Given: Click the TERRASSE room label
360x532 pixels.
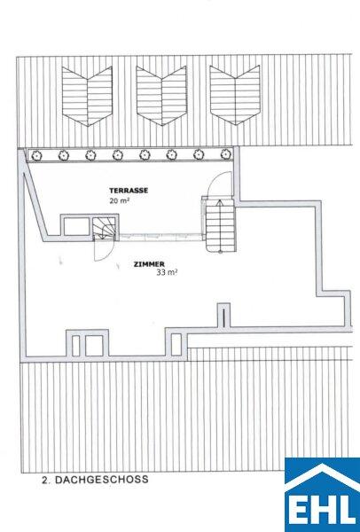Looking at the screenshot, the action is [129, 191].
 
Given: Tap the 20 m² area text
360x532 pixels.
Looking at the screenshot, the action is [119, 200].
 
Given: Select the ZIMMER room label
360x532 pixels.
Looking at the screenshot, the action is [149, 264].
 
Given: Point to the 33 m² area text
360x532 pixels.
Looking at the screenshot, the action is [167, 272].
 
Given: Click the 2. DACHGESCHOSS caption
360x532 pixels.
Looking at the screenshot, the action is [95, 480].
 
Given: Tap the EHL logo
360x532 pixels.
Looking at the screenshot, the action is [323, 495].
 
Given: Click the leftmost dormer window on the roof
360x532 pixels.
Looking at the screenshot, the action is [87, 96].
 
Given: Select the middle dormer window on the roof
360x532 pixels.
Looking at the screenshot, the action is [161, 96].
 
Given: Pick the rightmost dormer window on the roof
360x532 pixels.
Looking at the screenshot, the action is [235, 95].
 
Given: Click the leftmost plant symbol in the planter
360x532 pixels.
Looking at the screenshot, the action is [36, 156].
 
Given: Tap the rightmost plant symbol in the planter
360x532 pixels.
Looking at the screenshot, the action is [226, 154].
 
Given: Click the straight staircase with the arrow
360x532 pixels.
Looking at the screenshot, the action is [220, 225].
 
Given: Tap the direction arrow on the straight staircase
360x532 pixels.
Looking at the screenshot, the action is [220, 225].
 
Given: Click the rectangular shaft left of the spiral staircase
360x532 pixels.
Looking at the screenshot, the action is [76, 226].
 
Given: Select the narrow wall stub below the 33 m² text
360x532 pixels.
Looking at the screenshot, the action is [223, 315].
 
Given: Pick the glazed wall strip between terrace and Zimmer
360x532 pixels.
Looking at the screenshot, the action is [161, 237].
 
